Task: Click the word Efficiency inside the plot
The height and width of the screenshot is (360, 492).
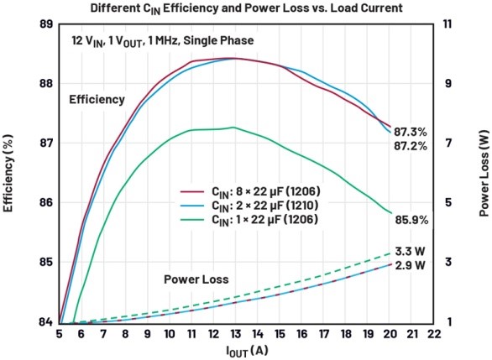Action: tap(97, 99)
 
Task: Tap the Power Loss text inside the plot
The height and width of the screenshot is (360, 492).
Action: tap(196, 279)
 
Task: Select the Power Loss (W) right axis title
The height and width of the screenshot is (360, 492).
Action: tap(484, 174)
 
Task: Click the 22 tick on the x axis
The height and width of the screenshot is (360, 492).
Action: tap(433, 334)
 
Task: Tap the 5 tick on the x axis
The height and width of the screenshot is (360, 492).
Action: tap(59, 334)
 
